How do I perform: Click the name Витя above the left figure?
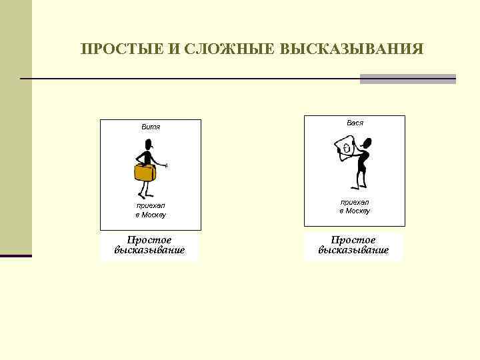coord(151,127)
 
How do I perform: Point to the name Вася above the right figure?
coord(355,123)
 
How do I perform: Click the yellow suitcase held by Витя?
coord(145,173)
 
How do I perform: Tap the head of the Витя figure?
coord(149,143)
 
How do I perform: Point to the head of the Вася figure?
coord(367,142)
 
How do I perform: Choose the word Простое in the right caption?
coord(353,240)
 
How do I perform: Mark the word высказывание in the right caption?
coord(353,251)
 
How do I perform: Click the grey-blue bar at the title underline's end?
coord(407,79)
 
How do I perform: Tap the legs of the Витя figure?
coord(148,191)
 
